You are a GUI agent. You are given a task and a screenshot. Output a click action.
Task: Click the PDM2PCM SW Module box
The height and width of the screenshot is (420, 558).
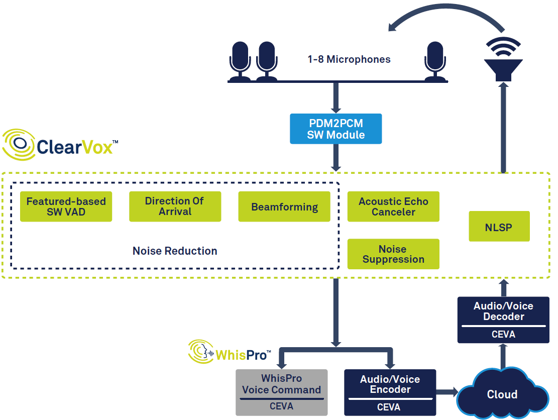(336, 129)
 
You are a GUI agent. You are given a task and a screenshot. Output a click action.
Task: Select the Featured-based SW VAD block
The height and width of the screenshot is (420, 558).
(66, 206)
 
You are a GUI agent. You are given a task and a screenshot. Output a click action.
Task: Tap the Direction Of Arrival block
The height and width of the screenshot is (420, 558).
(175, 206)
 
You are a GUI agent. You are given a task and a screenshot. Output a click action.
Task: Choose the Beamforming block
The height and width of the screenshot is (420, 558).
(284, 206)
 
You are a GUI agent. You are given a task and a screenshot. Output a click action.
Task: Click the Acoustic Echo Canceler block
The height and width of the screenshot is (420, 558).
(393, 206)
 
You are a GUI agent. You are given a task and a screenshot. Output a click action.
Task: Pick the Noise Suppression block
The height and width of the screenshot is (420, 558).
(393, 254)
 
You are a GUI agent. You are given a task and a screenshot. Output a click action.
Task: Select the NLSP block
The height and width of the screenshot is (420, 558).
(499, 227)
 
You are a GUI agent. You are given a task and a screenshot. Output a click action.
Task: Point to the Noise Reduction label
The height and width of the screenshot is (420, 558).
(175, 251)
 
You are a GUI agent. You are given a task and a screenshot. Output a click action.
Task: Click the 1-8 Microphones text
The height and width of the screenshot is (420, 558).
(349, 59)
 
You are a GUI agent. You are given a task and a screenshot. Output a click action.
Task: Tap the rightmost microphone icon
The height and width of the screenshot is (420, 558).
(435, 61)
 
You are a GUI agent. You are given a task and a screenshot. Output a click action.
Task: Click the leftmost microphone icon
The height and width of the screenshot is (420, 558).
(240, 61)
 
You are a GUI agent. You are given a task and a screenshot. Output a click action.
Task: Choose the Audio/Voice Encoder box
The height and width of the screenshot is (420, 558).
(390, 392)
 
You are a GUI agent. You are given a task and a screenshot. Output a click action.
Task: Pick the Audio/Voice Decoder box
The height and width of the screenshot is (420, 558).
(503, 320)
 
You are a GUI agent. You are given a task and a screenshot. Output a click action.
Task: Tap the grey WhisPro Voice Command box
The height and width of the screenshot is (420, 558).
(281, 392)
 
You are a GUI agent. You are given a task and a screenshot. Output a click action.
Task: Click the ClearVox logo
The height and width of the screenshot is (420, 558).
(60, 145)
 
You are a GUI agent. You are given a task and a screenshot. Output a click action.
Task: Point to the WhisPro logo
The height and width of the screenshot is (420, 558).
(230, 352)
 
